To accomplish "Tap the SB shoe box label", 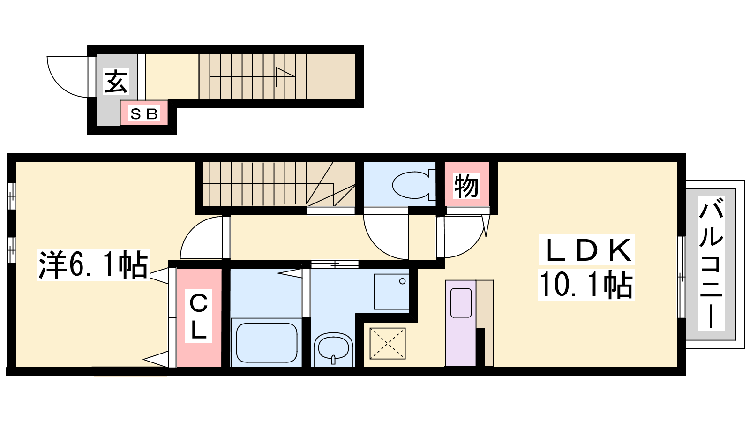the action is pyautogui.click(x=144, y=114).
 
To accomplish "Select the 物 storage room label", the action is pyautogui.click(x=467, y=186).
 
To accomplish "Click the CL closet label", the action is pyautogui.click(x=199, y=316).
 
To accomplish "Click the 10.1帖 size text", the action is pyautogui.click(x=586, y=285).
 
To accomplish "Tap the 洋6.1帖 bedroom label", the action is pyautogui.click(x=93, y=264).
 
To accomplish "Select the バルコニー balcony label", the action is pyautogui.click(x=711, y=263).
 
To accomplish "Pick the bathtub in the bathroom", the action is pyautogui.click(x=267, y=343).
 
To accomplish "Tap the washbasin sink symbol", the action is pyautogui.click(x=333, y=349).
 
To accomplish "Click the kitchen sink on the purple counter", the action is pyautogui.click(x=461, y=303).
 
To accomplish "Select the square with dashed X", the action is pyautogui.click(x=387, y=344).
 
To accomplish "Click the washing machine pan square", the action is pyautogui.click(x=391, y=292).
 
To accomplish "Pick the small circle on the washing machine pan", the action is pyautogui.click(x=402, y=281).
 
